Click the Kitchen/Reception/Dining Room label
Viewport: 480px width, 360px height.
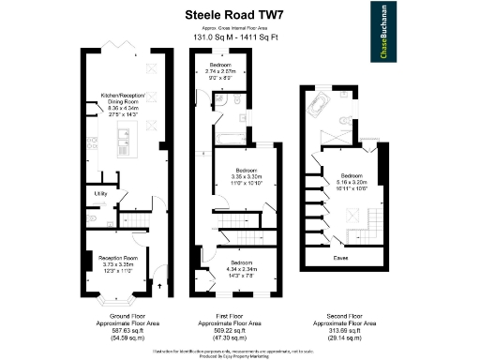click(124, 101)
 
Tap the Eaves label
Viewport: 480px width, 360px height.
click(340, 254)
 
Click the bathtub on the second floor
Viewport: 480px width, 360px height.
click(319, 103)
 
